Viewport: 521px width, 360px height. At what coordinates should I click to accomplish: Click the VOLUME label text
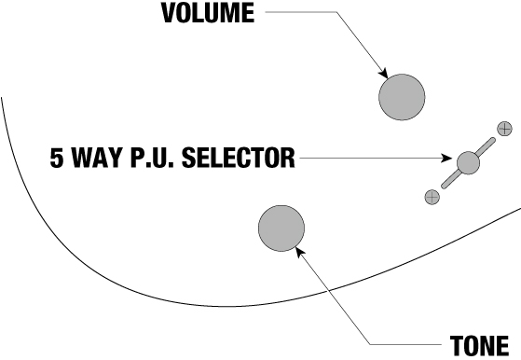pos(208,13)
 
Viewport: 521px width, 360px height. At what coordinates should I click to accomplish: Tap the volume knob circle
pos(402,97)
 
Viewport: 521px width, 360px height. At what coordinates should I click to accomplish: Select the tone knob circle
pos(281,228)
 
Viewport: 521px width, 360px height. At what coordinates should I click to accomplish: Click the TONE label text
pos(479,346)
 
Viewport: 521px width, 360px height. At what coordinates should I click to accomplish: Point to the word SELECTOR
pos(239,158)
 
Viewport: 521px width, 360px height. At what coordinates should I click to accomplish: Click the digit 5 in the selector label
pos(57,158)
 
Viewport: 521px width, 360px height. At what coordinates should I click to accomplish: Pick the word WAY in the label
pos(96,158)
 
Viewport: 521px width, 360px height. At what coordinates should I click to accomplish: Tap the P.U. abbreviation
pos(152,158)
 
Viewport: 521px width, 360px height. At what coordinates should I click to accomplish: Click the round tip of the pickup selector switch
pos(468,163)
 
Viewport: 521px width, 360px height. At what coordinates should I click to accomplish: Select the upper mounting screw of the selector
pos(504,129)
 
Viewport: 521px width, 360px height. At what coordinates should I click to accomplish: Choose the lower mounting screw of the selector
pos(432,197)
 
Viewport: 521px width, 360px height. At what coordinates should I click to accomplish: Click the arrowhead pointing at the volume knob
pos(384,73)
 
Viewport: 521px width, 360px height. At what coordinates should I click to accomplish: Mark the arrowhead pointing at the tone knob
pos(300,251)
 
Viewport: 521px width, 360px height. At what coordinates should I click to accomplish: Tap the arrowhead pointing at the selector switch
pos(446,158)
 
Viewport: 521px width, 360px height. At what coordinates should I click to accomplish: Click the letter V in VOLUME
pos(169,13)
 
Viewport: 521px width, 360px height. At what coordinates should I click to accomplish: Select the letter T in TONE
pos(457,346)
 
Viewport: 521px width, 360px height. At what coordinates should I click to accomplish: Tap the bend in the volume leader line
pos(336,12)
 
